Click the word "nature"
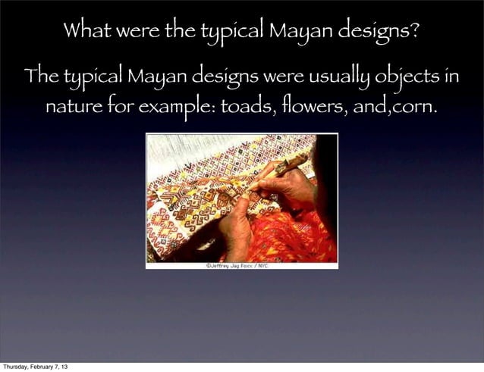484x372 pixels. pyautogui.click(x=73, y=105)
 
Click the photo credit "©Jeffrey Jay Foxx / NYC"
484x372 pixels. pyautogui.click(x=242, y=265)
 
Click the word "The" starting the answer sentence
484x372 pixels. pyautogui.click(x=39, y=77)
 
